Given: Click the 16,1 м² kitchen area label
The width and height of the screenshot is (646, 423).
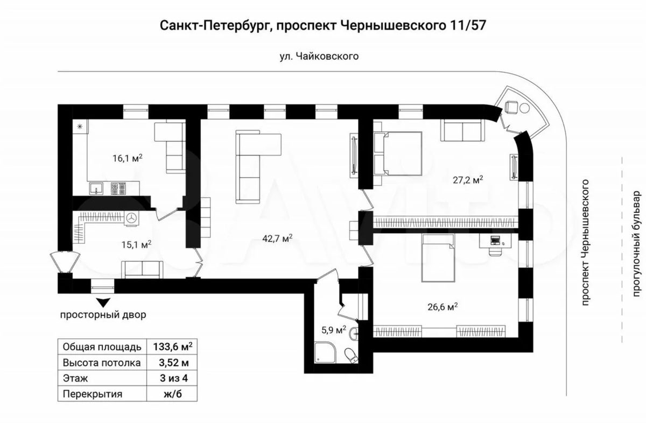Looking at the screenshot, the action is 127,158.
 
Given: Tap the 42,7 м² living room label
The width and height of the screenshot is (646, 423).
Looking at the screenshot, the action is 277,238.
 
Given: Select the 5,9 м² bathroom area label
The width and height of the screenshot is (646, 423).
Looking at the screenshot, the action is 334,329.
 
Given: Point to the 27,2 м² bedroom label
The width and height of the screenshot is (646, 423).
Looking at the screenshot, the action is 468,180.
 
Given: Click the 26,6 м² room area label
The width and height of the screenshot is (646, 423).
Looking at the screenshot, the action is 443,307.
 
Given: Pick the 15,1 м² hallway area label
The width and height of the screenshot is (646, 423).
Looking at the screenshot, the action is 136,245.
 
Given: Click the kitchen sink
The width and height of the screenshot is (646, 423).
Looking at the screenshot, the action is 96,188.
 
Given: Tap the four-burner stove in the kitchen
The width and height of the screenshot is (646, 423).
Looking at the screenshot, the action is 118,188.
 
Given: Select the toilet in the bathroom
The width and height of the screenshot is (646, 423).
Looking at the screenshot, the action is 352,356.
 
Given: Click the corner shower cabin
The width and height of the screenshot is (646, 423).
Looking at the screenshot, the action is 325,352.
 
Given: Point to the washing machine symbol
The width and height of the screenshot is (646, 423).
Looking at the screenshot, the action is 131,218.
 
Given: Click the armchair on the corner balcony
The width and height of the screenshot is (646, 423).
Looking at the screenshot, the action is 511,107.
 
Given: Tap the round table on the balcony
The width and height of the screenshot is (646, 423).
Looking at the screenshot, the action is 524,108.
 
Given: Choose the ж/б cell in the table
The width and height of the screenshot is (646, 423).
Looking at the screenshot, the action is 173,393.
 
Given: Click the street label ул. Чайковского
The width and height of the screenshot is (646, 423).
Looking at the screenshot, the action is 319,56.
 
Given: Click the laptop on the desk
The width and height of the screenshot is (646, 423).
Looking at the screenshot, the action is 495,240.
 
